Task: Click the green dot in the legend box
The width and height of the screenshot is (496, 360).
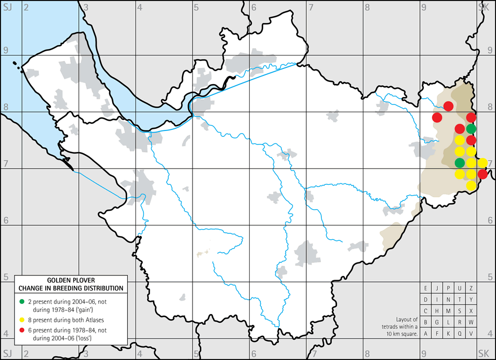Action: [x=21, y=300]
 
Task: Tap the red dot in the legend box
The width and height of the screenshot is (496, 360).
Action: [x=21, y=327]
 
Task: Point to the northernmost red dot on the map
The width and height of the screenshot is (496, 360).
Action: [x=448, y=106]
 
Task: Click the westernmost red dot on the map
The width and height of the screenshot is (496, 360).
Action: [x=437, y=117]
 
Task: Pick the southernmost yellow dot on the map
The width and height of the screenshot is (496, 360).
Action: [x=471, y=185]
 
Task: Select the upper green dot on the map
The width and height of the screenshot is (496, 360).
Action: [x=471, y=129]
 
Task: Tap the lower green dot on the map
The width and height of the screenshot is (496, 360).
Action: [x=460, y=163]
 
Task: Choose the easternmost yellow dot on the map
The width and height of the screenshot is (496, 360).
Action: [x=483, y=163]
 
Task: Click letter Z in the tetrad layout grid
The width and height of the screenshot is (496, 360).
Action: [x=471, y=288]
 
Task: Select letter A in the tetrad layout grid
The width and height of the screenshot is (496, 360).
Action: [x=426, y=334]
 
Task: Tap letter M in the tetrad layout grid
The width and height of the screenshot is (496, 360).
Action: [x=449, y=311]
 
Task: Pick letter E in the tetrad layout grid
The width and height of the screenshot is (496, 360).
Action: [x=426, y=288]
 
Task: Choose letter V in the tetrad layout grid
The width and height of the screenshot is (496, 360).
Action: [x=471, y=334]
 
